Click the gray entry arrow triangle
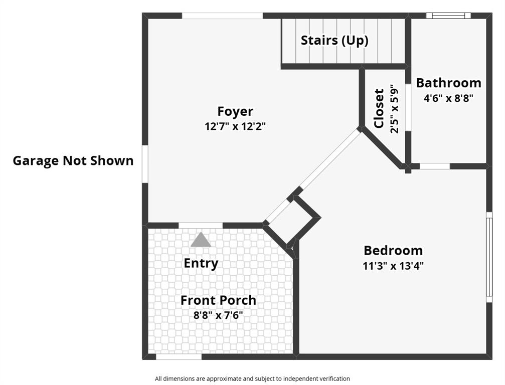pyautogui.click(x=201, y=240)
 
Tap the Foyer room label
pyautogui.click(x=235, y=111)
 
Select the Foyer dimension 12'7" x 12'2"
pyautogui.click(x=235, y=126)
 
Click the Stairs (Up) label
pyautogui.click(x=334, y=41)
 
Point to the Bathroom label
pyautogui.click(x=448, y=83)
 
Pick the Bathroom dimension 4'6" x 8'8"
pyautogui.click(x=448, y=98)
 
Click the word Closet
pyautogui.click(x=379, y=108)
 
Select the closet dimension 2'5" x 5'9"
pyautogui.click(x=394, y=108)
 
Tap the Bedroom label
pyautogui.click(x=393, y=250)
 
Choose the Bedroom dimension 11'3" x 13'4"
pyautogui.click(x=393, y=266)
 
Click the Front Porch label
pyautogui.click(x=218, y=300)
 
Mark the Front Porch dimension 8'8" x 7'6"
pyautogui.click(x=218, y=315)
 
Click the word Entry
pyautogui.click(x=201, y=263)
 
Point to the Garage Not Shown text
pyautogui.click(x=73, y=161)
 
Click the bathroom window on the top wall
pyautogui.click(x=448, y=16)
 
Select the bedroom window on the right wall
pyautogui.click(x=489, y=257)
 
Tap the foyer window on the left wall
pyautogui.click(x=144, y=164)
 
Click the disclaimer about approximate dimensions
pyautogui.click(x=252, y=379)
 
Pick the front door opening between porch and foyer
pyautogui.click(x=201, y=225)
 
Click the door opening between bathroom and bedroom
pyautogui.click(x=434, y=166)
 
